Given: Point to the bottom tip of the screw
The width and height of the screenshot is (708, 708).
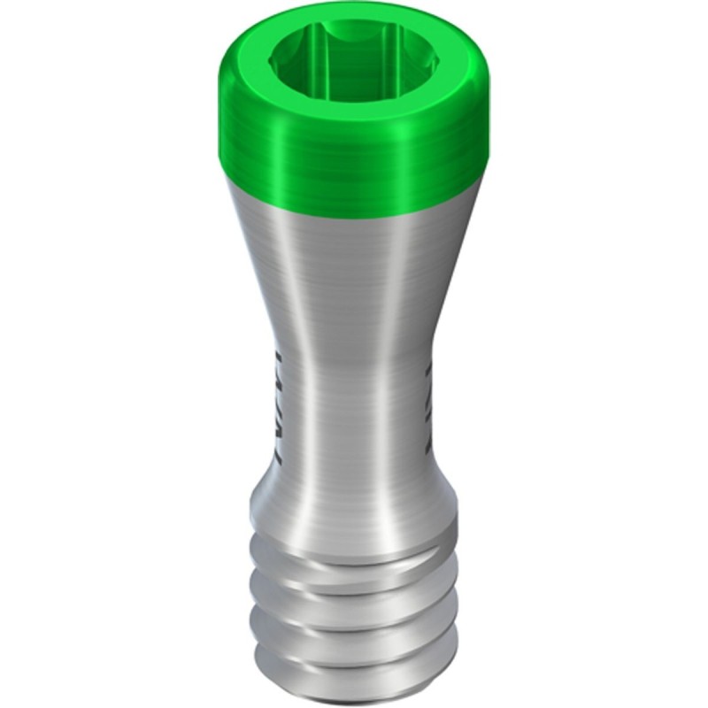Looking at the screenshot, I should [x=354, y=695].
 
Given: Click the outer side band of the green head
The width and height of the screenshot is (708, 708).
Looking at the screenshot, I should [x=354, y=150].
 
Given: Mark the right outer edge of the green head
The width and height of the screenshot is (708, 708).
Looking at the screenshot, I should [x=489, y=124].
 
